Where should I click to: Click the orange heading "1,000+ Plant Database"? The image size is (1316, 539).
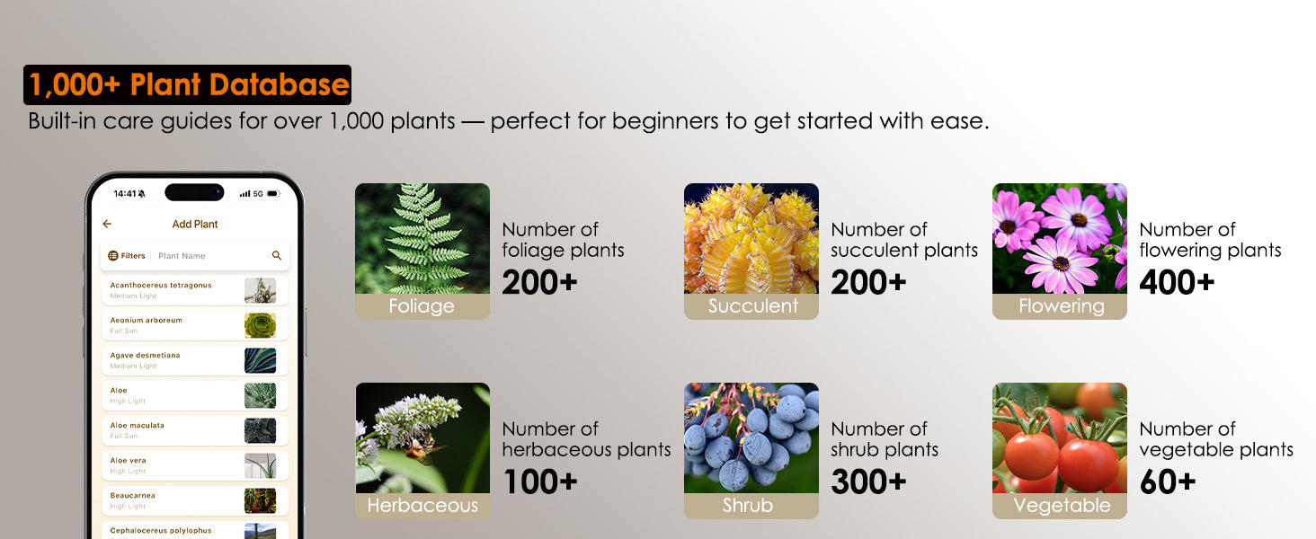point(189,84)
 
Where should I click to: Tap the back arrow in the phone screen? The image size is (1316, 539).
point(107,224)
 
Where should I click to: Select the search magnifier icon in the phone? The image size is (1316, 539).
point(277,255)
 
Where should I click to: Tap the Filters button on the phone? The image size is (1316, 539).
point(127,255)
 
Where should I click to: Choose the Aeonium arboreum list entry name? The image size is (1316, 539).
point(147,320)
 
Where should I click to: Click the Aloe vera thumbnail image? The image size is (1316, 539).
point(261,466)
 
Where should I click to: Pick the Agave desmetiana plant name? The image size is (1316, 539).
point(145,355)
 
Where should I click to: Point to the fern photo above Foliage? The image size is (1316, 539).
point(422,238)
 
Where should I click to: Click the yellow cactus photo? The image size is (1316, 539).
point(751,238)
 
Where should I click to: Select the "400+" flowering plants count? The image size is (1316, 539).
point(1177,282)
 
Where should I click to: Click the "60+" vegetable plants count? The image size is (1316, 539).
point(1168,482)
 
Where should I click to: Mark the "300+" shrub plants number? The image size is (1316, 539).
point(868,482)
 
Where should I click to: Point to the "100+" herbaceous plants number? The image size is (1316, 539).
point(540,482)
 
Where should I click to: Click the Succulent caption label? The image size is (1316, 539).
point(752,306)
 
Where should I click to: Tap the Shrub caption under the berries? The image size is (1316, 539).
point(748,506)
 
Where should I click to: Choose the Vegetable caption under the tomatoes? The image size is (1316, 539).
point(1062,506)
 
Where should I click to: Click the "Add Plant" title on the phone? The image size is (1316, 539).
point(195,225)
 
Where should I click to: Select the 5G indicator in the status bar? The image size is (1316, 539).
point(258,194)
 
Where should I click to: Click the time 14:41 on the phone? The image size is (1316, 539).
point(125,194)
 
